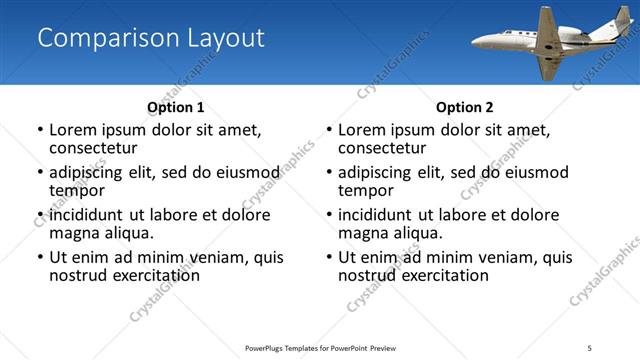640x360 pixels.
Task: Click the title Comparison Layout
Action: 151,38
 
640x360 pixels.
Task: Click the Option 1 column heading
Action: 176,107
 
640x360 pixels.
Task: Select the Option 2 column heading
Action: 465,107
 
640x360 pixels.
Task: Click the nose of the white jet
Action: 474,43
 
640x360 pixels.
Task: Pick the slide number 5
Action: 590,347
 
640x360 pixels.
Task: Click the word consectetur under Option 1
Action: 93,147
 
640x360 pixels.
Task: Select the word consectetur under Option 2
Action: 382,147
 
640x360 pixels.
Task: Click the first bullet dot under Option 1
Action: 40,130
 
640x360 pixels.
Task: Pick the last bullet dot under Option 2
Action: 329,258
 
